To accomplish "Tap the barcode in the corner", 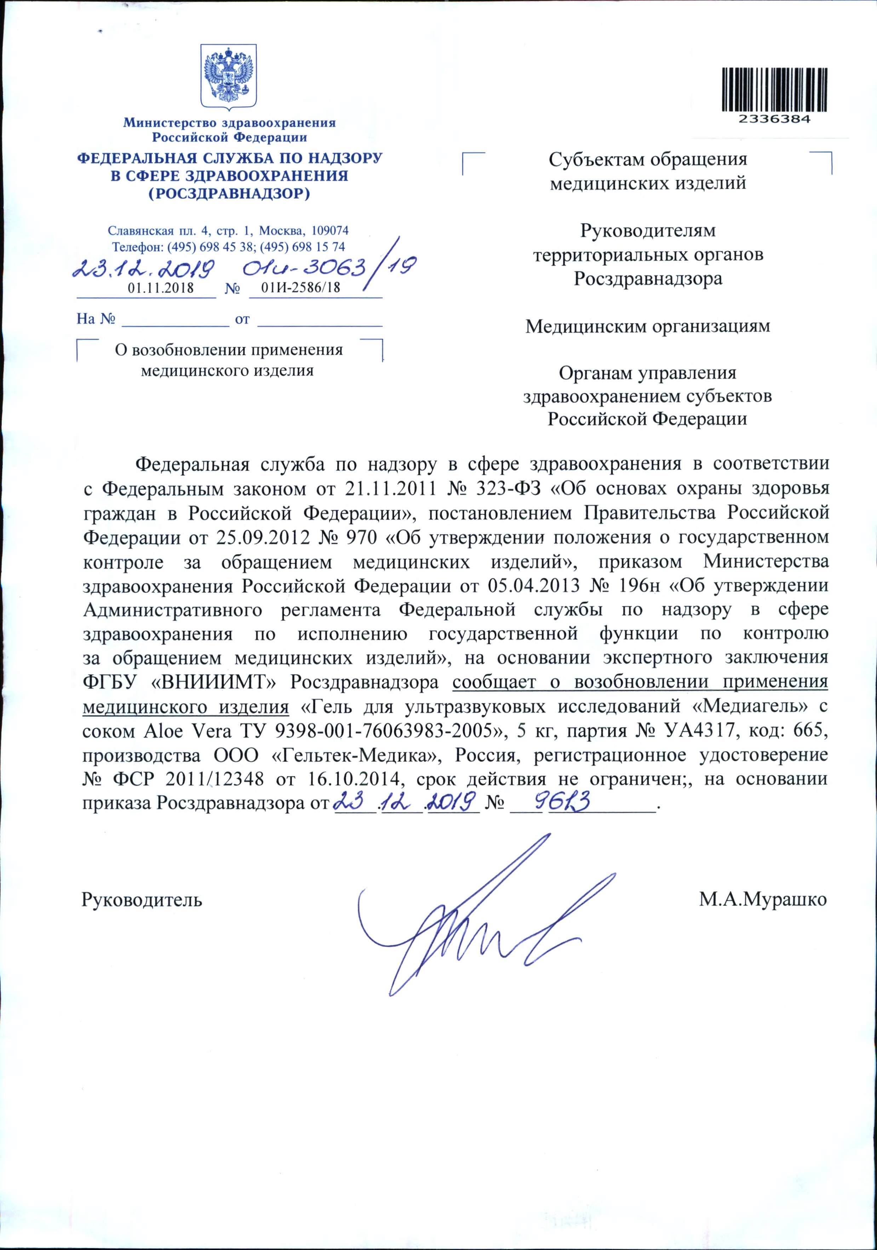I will tap(775, 90).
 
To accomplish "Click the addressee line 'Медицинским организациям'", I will tap(648, 327).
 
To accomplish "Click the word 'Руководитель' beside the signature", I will tap(142, 899).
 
